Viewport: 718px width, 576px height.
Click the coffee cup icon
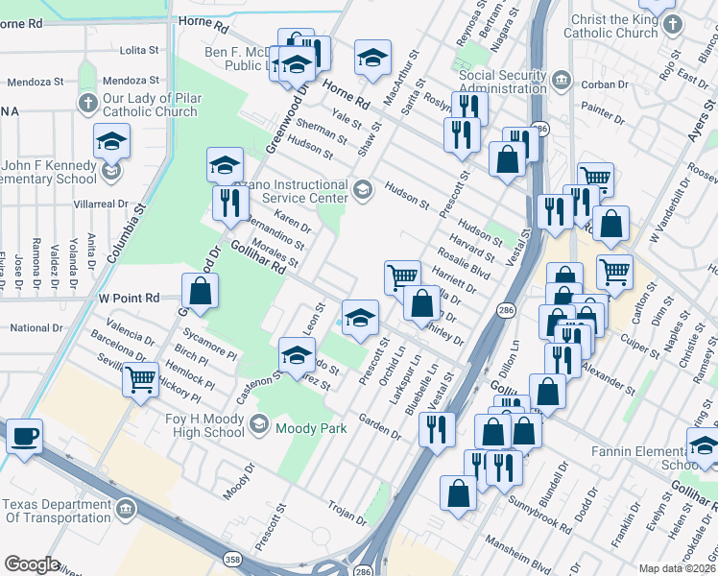25,437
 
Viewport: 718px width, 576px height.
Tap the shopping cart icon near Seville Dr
141,380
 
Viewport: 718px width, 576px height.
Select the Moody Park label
311,428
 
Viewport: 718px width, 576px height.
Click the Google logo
32,564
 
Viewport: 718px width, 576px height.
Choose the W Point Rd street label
130,298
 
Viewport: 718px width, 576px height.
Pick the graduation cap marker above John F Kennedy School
112,143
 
